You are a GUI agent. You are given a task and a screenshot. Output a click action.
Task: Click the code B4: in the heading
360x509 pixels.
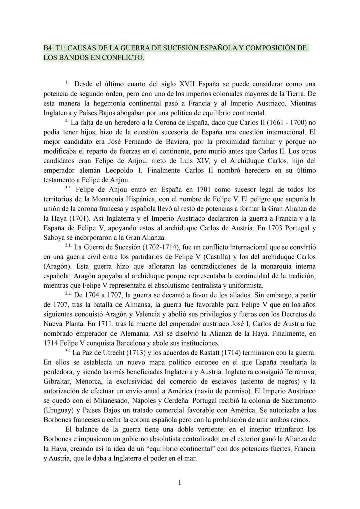49,48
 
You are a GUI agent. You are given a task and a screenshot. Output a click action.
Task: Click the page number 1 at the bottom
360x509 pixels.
180,482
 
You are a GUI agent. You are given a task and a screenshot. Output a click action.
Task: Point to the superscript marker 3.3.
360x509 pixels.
68,188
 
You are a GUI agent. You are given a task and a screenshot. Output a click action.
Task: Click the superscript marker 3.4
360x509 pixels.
68,351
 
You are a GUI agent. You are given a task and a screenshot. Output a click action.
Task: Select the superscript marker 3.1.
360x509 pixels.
68,246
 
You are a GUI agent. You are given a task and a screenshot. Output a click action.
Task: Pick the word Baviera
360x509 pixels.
176,142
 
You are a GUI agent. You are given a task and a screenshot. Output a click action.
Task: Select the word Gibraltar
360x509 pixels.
56,381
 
